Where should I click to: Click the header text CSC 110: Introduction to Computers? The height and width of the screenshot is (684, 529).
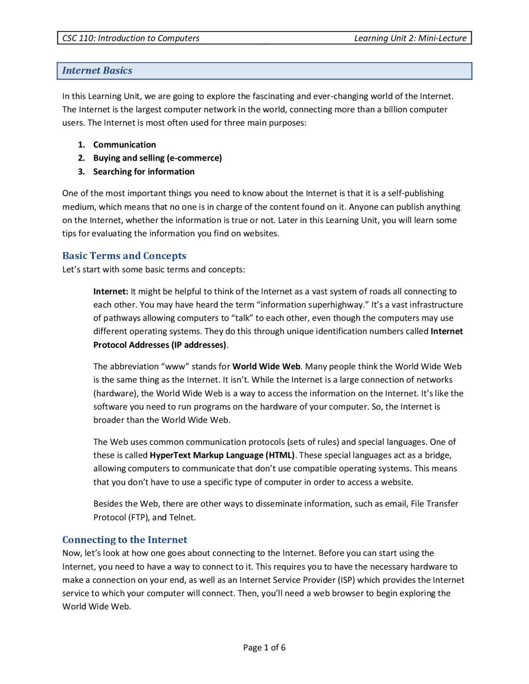click(x=131, y=38)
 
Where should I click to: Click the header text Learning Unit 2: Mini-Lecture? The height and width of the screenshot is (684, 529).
click(x=410, y=38)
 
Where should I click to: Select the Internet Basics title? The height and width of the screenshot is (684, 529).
click(x=97, y=71)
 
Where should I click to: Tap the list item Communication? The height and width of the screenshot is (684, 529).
click(x=124, y=145)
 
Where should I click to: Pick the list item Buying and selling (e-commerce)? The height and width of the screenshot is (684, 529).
click(x=157, y=158)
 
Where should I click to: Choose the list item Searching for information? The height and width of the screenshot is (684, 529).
click(x=143, y=171)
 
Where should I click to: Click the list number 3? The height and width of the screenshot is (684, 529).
click(x=81, y=171)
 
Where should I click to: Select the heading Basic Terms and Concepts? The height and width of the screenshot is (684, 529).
click(x=124, y=256)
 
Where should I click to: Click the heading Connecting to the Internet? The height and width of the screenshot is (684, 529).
click(x=124, y=539)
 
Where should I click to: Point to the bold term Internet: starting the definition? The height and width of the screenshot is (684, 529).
click(x=111, y=292)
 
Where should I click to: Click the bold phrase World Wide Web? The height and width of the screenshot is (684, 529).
click(x=266, y=366)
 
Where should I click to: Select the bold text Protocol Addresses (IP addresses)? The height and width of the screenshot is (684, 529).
click(x=160, y=345)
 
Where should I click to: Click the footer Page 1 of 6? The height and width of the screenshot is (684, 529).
click(x=264, y=647)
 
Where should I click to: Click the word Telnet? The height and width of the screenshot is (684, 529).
click(x=182, y=517)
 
